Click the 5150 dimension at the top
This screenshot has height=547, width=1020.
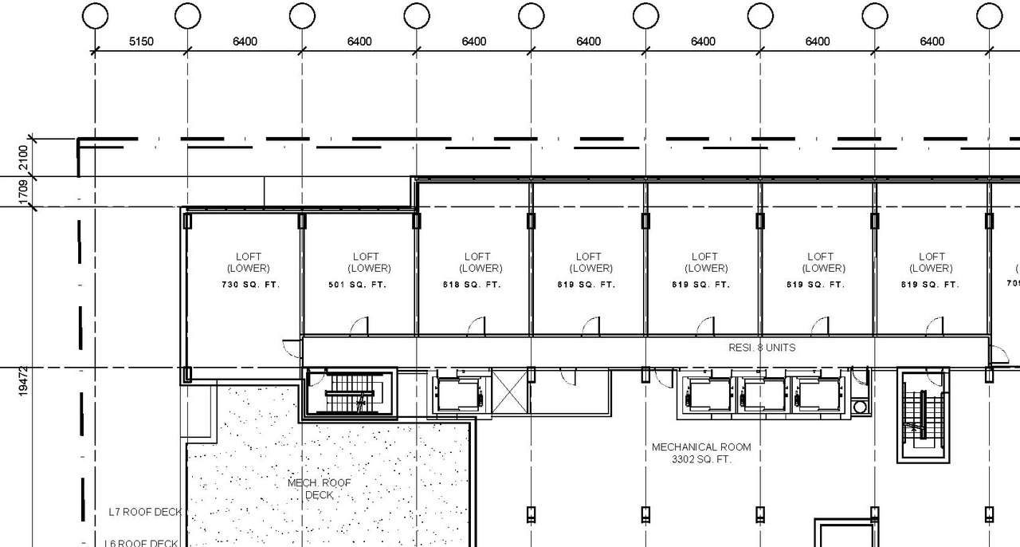(x=141, y=41)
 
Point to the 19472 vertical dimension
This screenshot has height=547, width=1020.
(x=22, y=381)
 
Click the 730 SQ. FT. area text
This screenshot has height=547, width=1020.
(x=250, y=285)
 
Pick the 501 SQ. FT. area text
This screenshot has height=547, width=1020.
(x=357, y=285)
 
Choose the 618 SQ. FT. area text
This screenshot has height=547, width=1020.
(x=472, y=285)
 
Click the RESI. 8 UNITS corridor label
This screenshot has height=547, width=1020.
(x=762, y=348)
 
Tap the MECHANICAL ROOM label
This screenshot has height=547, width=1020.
(x=701, y=447)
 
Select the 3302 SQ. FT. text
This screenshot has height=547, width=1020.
(x=701, y=459)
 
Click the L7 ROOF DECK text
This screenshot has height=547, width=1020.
(x=145, y=512)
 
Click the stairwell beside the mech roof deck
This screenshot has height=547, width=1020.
(x=351, y=394)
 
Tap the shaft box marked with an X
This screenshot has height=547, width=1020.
(x=509, y=392)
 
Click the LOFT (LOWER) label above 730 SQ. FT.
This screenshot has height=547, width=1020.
(x=249, y=262)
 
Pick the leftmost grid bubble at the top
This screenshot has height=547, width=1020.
(x=95, y=15)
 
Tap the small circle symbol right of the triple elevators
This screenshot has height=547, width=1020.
(x=859, y=407)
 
